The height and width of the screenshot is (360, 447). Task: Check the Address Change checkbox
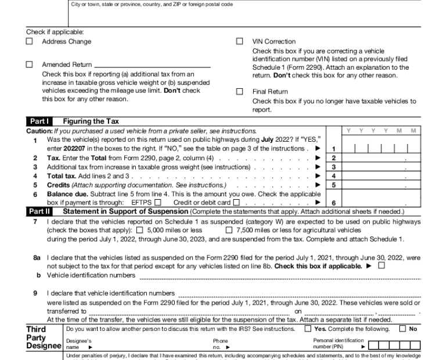pos(30,42)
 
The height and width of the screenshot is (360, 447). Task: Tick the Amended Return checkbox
pos(30,65)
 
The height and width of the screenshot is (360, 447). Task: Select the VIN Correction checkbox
pos(240,42)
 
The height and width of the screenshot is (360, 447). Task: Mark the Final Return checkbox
pos(240,92)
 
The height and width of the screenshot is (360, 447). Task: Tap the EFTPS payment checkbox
pos(158,203)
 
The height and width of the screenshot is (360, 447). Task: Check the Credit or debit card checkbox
pos(236,203)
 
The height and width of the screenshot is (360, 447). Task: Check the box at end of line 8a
pos(381,266)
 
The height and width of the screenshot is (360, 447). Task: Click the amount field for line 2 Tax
pos(380,158)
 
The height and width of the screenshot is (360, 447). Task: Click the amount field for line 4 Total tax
pos(380,176)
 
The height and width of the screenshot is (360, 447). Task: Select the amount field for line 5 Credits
pos(380,185)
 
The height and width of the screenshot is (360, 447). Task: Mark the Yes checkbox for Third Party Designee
pos(308,329)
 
